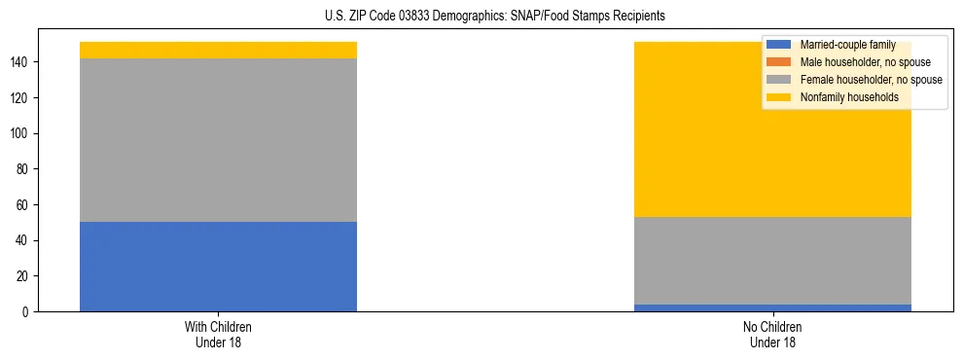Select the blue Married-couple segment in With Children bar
pyautogui.click(x=218, y=267)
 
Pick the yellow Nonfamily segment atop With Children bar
pyautogui.click(x=218, y=50)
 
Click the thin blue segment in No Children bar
pyautogui.click(x=772, y=307)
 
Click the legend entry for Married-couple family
pyautogui.click(x=847, y=45)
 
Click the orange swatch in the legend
pyautogui.click(x=778, y=62)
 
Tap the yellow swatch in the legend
pyautogui.click(x=778, y=97)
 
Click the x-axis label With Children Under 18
pyautogui.click(x=218, y=334)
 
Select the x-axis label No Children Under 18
pyautogui.click(x=772, y=334)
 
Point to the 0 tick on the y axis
pyautogui.click(x=28, y=312)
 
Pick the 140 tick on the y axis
pyautogui.click(x=22, y=62)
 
